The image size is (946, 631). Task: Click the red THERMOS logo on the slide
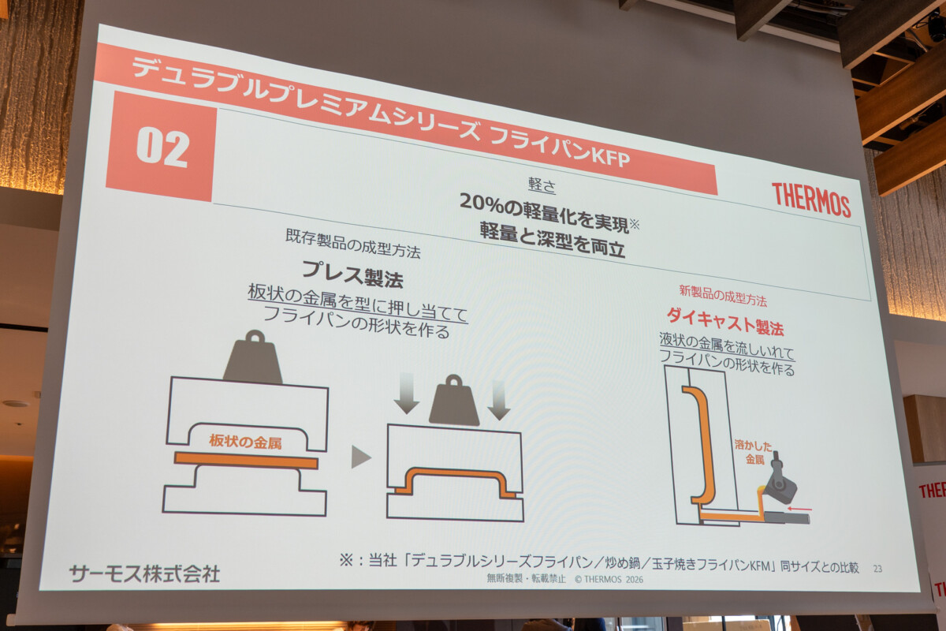811,200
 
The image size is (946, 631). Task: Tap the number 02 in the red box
162,148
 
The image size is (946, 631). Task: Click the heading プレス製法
352,274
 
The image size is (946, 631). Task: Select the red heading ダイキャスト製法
725,322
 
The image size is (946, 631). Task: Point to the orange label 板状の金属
245,442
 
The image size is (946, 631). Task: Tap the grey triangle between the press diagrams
361,457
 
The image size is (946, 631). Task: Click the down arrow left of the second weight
406,393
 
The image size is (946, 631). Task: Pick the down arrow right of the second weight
499,400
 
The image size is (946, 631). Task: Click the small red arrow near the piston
799,509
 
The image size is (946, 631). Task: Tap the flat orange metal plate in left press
246,461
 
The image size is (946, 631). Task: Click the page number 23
877,569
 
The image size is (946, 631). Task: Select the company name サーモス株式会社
144,573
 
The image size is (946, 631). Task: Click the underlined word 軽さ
542,185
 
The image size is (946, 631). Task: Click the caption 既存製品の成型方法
353,244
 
